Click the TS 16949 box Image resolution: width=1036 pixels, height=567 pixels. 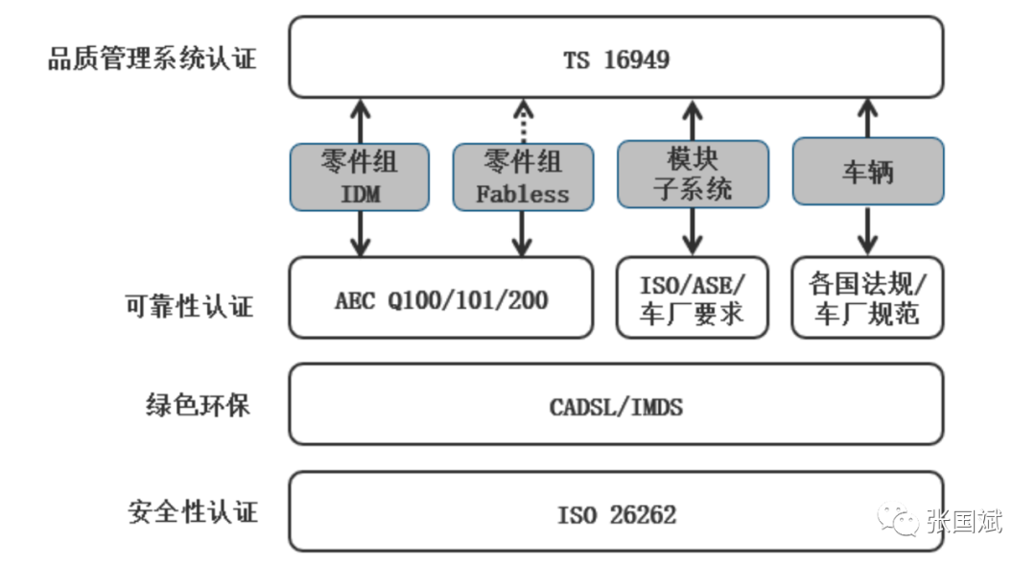616,58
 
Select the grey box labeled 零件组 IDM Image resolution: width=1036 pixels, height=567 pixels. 360,177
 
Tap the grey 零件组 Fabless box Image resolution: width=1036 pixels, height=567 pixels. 523,177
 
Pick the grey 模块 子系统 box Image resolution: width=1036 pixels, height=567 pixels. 693,174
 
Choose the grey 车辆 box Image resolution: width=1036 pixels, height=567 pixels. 867,171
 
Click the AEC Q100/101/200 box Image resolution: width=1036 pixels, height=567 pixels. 440,298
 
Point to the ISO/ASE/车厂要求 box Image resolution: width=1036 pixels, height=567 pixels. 693,298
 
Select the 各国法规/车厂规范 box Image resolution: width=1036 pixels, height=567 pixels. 867,298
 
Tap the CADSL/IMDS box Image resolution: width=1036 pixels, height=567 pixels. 616,404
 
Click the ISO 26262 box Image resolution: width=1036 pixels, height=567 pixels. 616,511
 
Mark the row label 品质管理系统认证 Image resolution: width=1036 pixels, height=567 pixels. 152,59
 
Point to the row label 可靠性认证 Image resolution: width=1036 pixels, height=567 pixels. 190,306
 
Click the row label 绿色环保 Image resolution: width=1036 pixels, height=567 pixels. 199,405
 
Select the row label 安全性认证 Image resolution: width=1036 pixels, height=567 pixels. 193,512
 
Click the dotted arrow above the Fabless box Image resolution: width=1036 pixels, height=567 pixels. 524,122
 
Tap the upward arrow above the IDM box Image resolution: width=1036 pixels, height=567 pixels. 360,122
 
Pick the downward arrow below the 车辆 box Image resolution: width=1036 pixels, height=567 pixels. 867,230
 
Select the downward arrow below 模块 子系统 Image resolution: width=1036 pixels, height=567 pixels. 693,232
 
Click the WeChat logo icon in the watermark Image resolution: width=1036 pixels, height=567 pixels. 897,519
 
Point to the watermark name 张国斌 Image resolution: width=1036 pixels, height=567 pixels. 964,521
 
